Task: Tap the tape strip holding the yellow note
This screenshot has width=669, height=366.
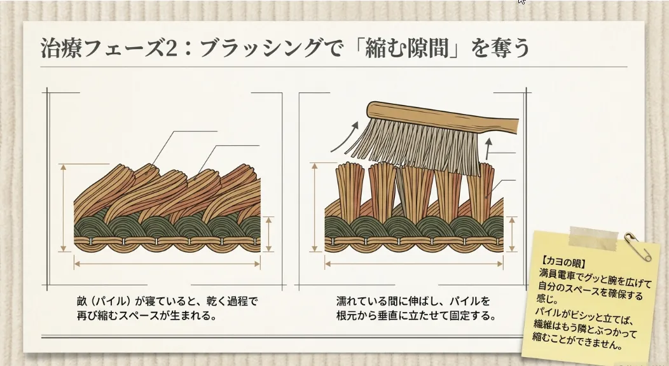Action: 593,237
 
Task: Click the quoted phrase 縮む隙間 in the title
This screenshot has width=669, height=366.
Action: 397,49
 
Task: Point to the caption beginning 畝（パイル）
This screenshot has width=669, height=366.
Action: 169,307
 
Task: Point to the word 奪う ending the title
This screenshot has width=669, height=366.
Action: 511,49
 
